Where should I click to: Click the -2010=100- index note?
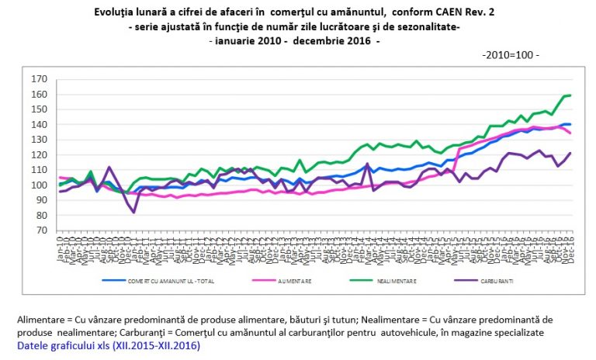click(x=511, y=56)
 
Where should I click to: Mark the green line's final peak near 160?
click(x=570, y=95)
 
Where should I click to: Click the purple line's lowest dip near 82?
click(x=134, y=212)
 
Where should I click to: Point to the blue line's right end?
click(x=571, y=124)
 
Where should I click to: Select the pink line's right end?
click(x=571, y=133)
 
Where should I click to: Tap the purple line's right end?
click(x=571, y=153)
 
